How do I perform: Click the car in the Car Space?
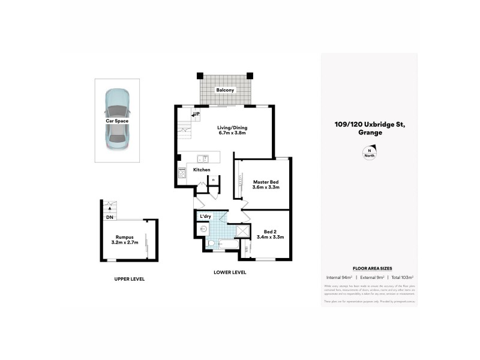(117, 119)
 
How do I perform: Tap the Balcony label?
(226, 90)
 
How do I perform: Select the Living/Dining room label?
(232, 131)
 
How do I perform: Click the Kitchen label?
(202, 170)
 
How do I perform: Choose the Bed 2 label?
(270, 234)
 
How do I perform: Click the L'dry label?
(205, 216)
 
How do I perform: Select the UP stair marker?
(196, 114)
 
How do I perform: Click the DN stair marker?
(109, 217)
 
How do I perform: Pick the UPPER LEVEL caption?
(130, 279)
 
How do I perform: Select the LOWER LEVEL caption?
(230, 272)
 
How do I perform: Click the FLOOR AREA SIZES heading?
(368, 269)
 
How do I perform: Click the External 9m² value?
(370, 278)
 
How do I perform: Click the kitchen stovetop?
(182, 173)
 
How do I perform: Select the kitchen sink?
(204, 158)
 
